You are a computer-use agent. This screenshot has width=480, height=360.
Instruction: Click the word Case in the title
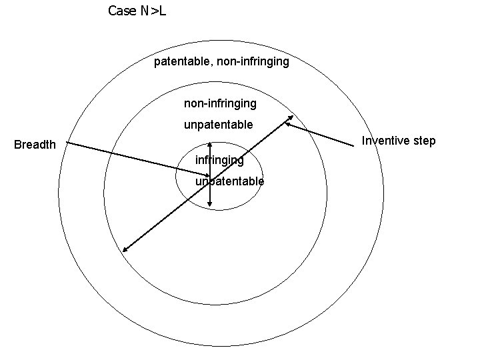pyautogui.click(x=120, y=11)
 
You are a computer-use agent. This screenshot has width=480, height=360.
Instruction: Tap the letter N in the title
pyautogui.click(x=143, y=11)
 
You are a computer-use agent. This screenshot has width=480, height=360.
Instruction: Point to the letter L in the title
pyautogui.click(x=163, y=11)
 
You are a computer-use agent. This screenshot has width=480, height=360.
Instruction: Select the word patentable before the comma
pyautogui.click(x=181, y=62)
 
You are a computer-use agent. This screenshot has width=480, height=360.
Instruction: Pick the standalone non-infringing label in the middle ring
pyautogui.click(x=220, y=103)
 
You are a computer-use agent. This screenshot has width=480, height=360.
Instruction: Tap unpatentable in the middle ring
pyautogui.click(x=218, y=125)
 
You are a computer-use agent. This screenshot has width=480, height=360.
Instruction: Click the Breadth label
pyautogui.click(x=35, y=145)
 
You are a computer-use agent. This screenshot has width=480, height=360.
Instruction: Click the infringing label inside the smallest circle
pyautogui.click(x=219, y=160)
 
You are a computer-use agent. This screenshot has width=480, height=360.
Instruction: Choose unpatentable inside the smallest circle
pyautogui.click(x=229, y=181)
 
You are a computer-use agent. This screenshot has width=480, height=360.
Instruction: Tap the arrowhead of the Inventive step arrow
pyautogui.click(x=287, y=123)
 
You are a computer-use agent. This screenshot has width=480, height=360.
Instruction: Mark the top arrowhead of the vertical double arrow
pyautogui.click(x=210, y=143)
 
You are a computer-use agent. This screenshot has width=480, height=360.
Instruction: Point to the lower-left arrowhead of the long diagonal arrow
pyautogui.click(x=124, y=251)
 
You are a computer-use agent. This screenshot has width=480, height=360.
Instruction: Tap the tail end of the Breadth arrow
pyautogui.click(x=67, y=142)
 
